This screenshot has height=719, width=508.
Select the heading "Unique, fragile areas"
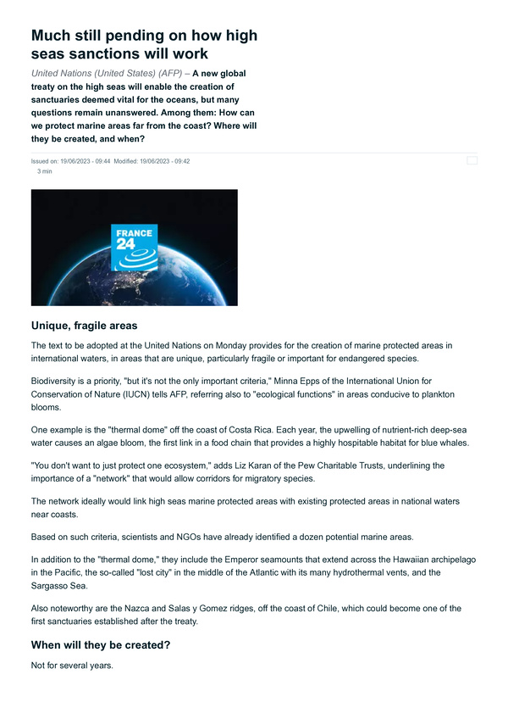coord(84,326)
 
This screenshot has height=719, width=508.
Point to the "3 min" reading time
coord(45,170)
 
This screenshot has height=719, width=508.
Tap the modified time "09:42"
coord(180,161)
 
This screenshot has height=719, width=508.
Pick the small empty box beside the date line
coord(472,159)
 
